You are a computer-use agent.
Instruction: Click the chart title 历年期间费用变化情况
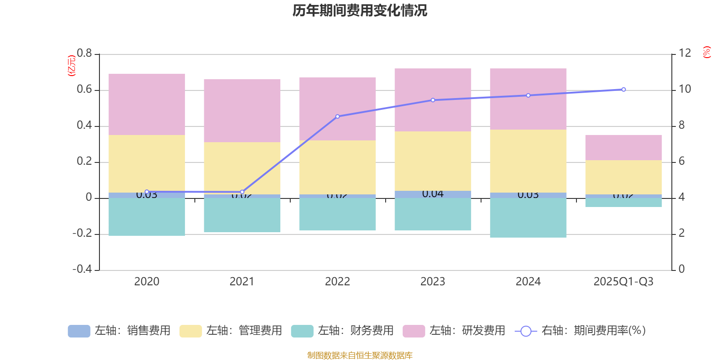[x=360, y=10]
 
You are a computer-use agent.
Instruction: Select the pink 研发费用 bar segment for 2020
[x=147, y=104]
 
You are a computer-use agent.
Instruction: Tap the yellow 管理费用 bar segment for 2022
[x=337, y=167]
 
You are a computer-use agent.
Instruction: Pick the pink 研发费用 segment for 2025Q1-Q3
[x=623, y=148]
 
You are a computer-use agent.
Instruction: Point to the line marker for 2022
[x=337, y=117]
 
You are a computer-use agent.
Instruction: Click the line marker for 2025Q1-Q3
[x=623, y=90]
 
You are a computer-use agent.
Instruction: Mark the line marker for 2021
[x=242, y=192]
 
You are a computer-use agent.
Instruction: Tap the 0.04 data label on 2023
[x=433, y=194]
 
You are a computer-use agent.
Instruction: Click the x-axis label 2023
[x=433, y=282]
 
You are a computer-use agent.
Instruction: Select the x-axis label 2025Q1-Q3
[x=623, y=282]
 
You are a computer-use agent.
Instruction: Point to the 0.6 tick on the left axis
[x=84, y=90]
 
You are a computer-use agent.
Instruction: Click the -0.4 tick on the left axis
[x=82, y=269]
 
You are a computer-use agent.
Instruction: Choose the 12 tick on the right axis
[x=685, y=53]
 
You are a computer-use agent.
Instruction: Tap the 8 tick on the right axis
[x=682, y=125]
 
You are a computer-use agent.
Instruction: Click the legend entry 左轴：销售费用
[x=119, y=331]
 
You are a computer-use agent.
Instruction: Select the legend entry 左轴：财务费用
[x=342, y=331]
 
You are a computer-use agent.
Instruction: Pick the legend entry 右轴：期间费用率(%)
[x=580, y=331]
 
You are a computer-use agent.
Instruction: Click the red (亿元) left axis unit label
[x=71, y=66]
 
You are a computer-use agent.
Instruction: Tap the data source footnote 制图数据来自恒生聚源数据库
[x=360, y=355]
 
